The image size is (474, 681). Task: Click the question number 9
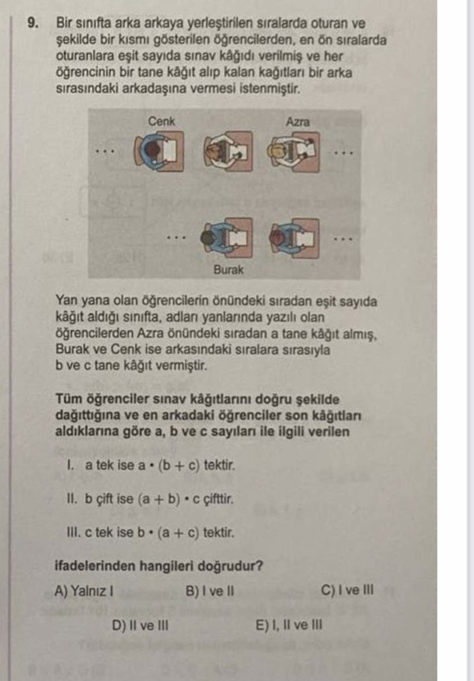33,23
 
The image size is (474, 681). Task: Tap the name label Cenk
161,121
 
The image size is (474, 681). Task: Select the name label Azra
298,122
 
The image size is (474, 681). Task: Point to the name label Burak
228,269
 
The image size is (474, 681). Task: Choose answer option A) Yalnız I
84,591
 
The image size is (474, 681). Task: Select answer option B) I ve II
210,591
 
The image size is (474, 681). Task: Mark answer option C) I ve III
347,590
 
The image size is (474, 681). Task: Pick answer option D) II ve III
140,625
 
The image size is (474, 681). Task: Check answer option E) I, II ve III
289,625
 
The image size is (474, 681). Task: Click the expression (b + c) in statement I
179,466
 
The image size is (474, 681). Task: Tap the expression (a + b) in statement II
159,499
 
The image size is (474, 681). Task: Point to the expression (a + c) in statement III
178,533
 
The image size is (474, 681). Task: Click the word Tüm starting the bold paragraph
69,399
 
